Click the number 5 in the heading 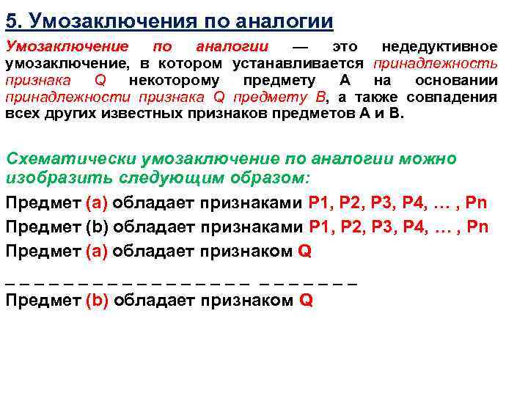coord(11,19)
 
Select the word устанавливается coord(301,64)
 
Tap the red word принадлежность coord(436,64)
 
